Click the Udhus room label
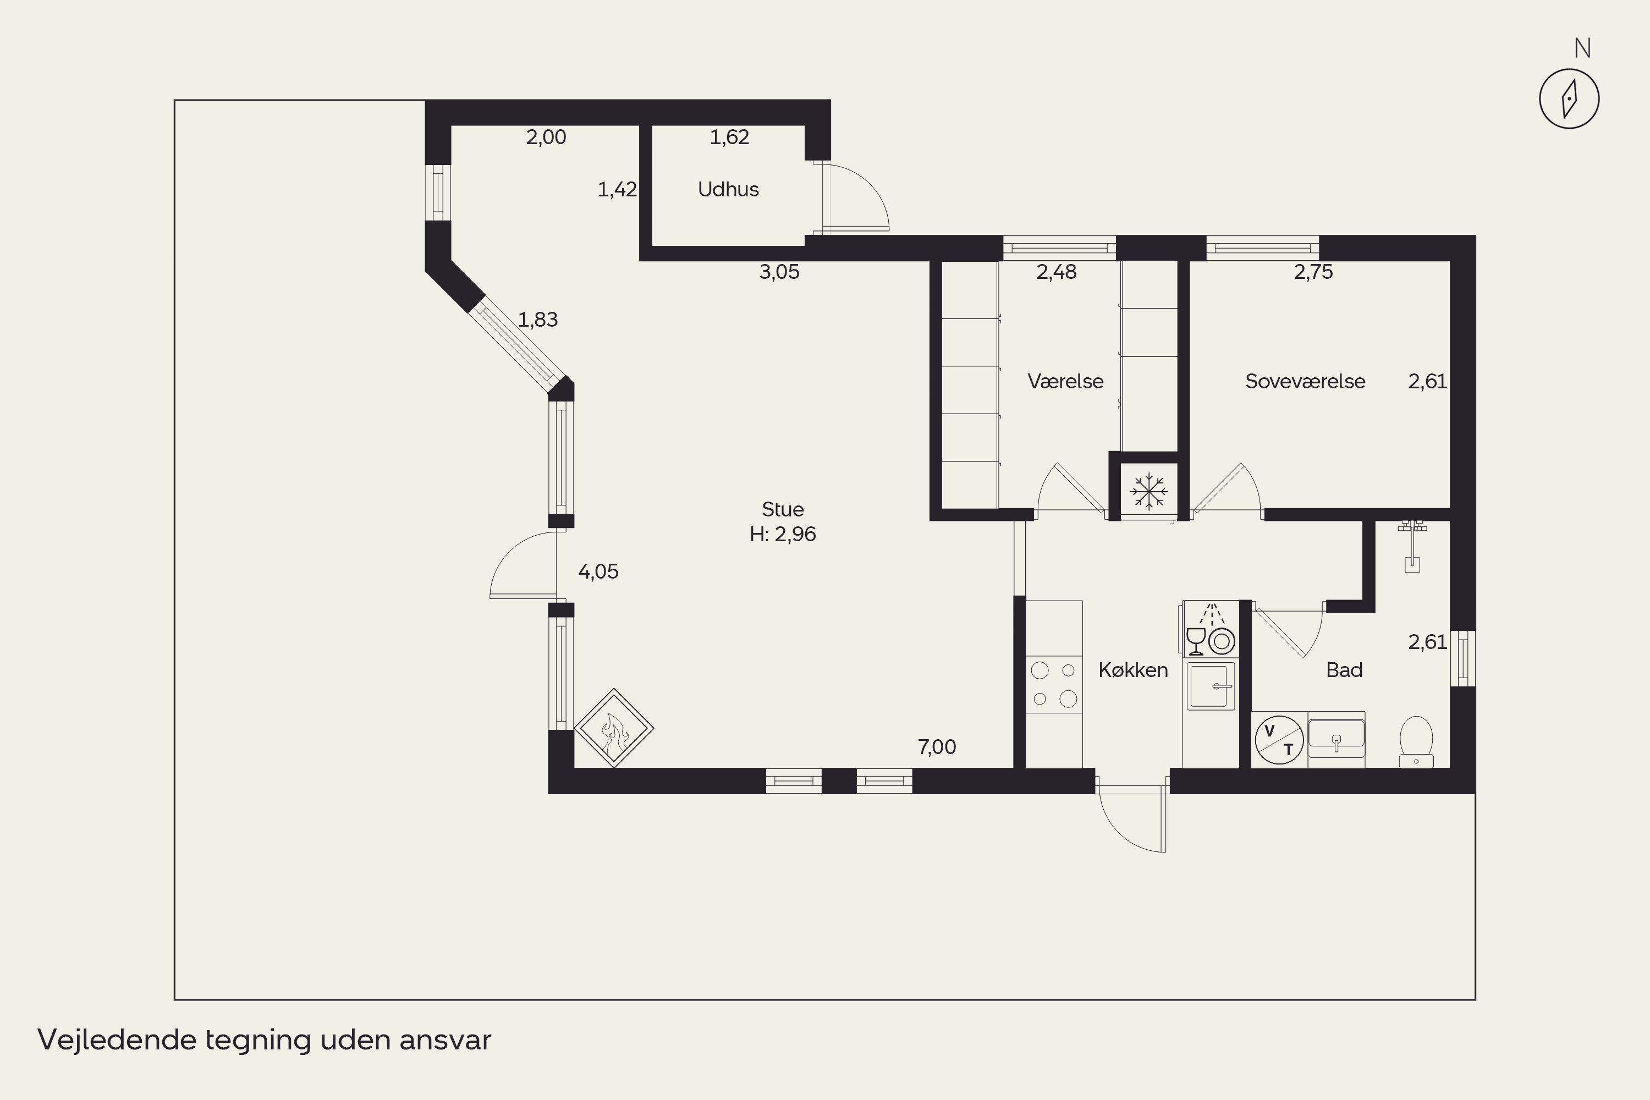728,189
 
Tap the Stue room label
783,509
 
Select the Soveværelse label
1305,381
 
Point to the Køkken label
1133,670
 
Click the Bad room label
1344,670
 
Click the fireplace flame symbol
614,728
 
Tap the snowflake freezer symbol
1149,491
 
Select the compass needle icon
1569,99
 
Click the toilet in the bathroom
1416,741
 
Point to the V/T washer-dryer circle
1279,740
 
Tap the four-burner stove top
1054,684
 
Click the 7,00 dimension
937,747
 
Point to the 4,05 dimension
598,572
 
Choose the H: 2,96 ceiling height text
783,535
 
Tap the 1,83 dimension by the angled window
538,320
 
